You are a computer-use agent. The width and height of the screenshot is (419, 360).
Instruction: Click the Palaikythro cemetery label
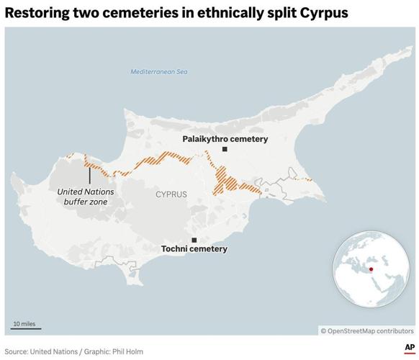[225, 139]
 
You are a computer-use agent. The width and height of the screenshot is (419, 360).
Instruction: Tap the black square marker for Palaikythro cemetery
[225, 149]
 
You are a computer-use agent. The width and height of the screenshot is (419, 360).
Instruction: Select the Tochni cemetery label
[194, 249]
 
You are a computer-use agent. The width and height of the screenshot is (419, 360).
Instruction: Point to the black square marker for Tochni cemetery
[193, 240]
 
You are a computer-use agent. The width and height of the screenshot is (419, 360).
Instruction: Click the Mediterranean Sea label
[158, 72]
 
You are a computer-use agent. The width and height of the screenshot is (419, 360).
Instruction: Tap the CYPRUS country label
[171, 194]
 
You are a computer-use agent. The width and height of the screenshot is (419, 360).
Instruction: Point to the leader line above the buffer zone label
[90, 174]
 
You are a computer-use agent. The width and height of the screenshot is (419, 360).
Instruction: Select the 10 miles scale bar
[27, 329]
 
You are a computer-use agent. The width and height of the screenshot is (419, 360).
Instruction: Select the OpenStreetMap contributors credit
[367, 330]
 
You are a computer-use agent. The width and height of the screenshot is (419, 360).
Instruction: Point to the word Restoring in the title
[37, 13]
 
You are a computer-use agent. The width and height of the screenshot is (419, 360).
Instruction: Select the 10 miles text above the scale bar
[24, 324]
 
